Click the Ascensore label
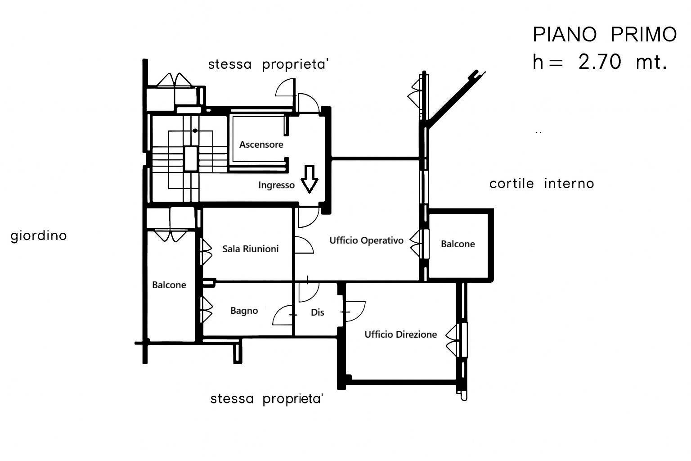[x=261, y=145]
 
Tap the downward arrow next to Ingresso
[x=309, y=179]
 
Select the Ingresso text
[x=276, y=185]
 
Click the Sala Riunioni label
[x=251, y=249]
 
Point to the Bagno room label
[x=244, y=311]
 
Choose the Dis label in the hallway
[x=317, y=312]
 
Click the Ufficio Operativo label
[x=366, y=240]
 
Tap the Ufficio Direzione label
[x=400, y=334]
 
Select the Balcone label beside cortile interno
[x=458, y=244]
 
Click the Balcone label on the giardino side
[x=169, y=285]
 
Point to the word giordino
[x=39, y=236]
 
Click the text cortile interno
[x=542, y=184]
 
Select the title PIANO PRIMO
[x=604, y=35]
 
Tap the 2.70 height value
[x=599, y=63]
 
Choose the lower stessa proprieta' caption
[x=267, y=399]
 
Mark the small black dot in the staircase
[x=195, y=131]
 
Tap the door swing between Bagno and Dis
[x=283, y=315]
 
